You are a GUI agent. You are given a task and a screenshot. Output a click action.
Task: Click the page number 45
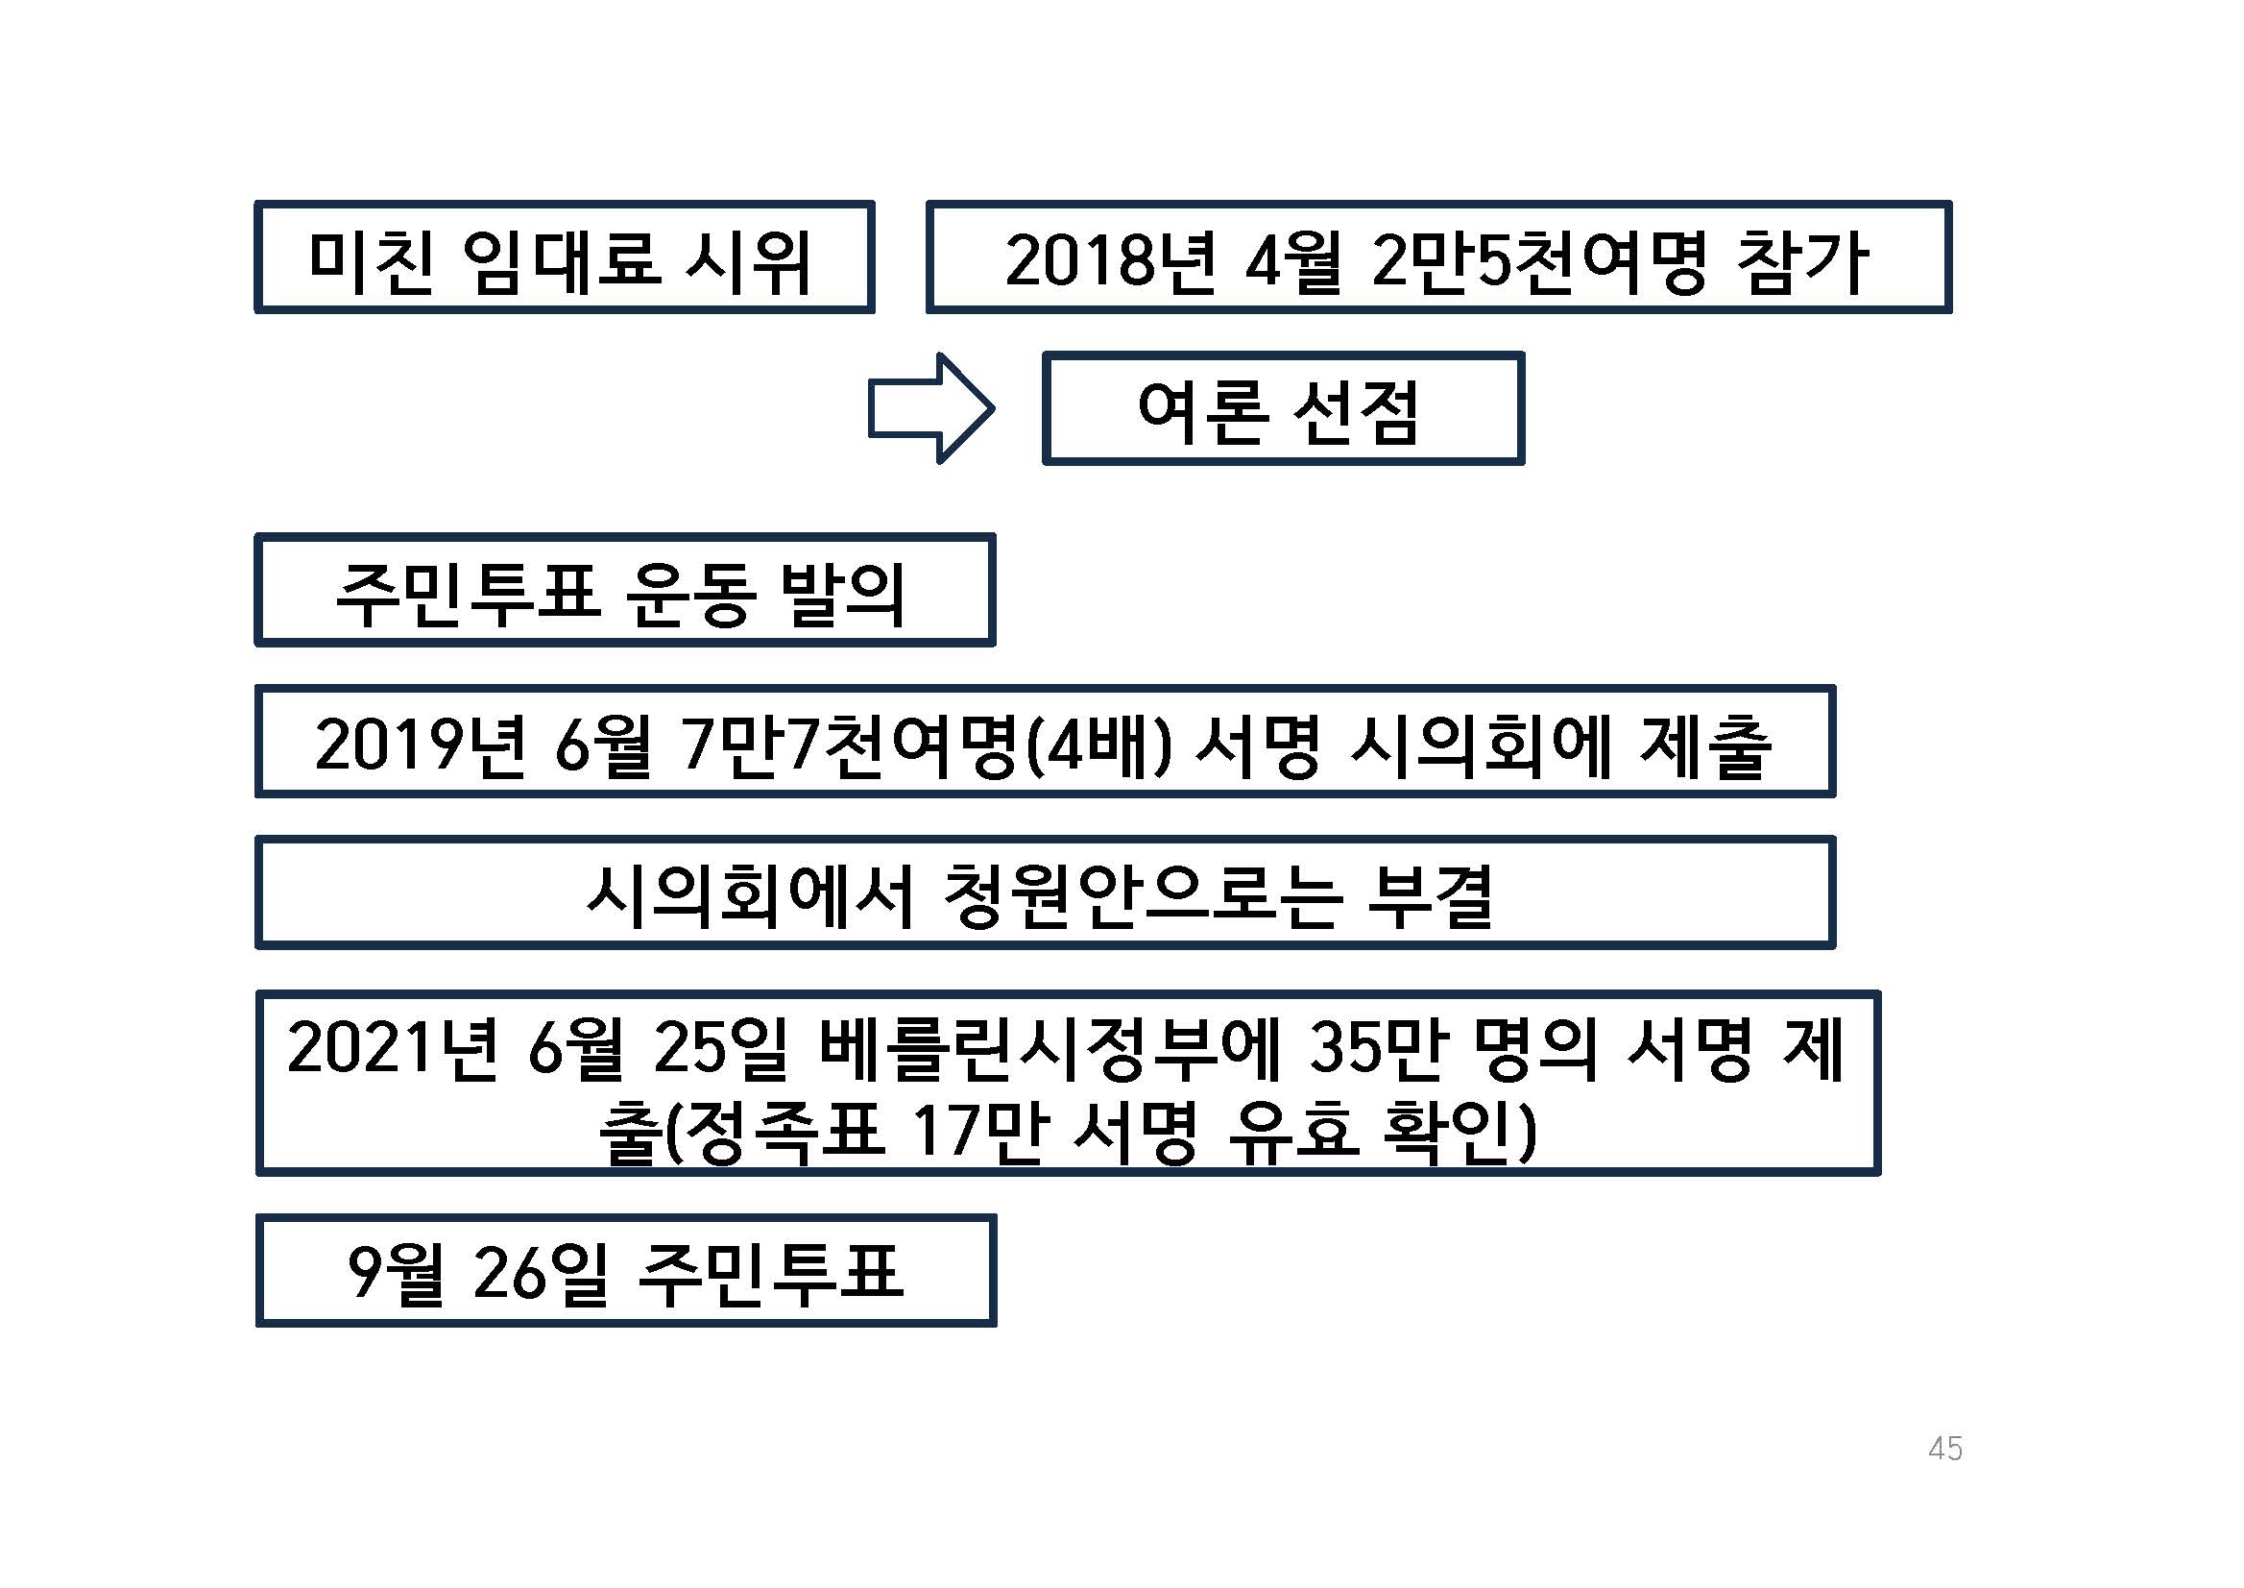click(1945, 1448)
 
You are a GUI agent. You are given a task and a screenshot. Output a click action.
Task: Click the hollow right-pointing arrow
click(931, 407)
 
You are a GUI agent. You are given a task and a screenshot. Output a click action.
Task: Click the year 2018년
click(1111, 262)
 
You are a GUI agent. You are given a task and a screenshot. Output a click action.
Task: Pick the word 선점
click(1356, 413)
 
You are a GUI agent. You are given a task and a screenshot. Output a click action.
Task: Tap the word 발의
click(842, 595)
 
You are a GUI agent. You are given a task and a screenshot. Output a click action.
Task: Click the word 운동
click(690, 595)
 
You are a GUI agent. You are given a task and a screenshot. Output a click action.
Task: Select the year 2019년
click(421, 745)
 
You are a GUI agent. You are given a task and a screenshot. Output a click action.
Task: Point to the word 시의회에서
click(749, 896)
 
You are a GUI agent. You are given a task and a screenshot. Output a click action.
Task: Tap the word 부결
click(1430, 896)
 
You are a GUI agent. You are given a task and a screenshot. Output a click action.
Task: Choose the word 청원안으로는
click(1140, 896)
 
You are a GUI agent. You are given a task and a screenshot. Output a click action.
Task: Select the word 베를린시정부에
click(1049, 1048)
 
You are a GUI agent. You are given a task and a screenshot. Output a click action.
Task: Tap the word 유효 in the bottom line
click(1293, 1133)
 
